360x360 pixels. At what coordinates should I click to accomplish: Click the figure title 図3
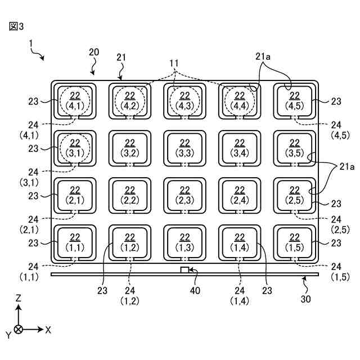coord(17,26)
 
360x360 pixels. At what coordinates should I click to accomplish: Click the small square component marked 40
coord(184,270)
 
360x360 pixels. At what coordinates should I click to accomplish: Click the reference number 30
coord(305,299)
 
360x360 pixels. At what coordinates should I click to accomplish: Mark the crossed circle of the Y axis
coord(19,330)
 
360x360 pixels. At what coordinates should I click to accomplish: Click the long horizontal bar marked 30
coord(112,274)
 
